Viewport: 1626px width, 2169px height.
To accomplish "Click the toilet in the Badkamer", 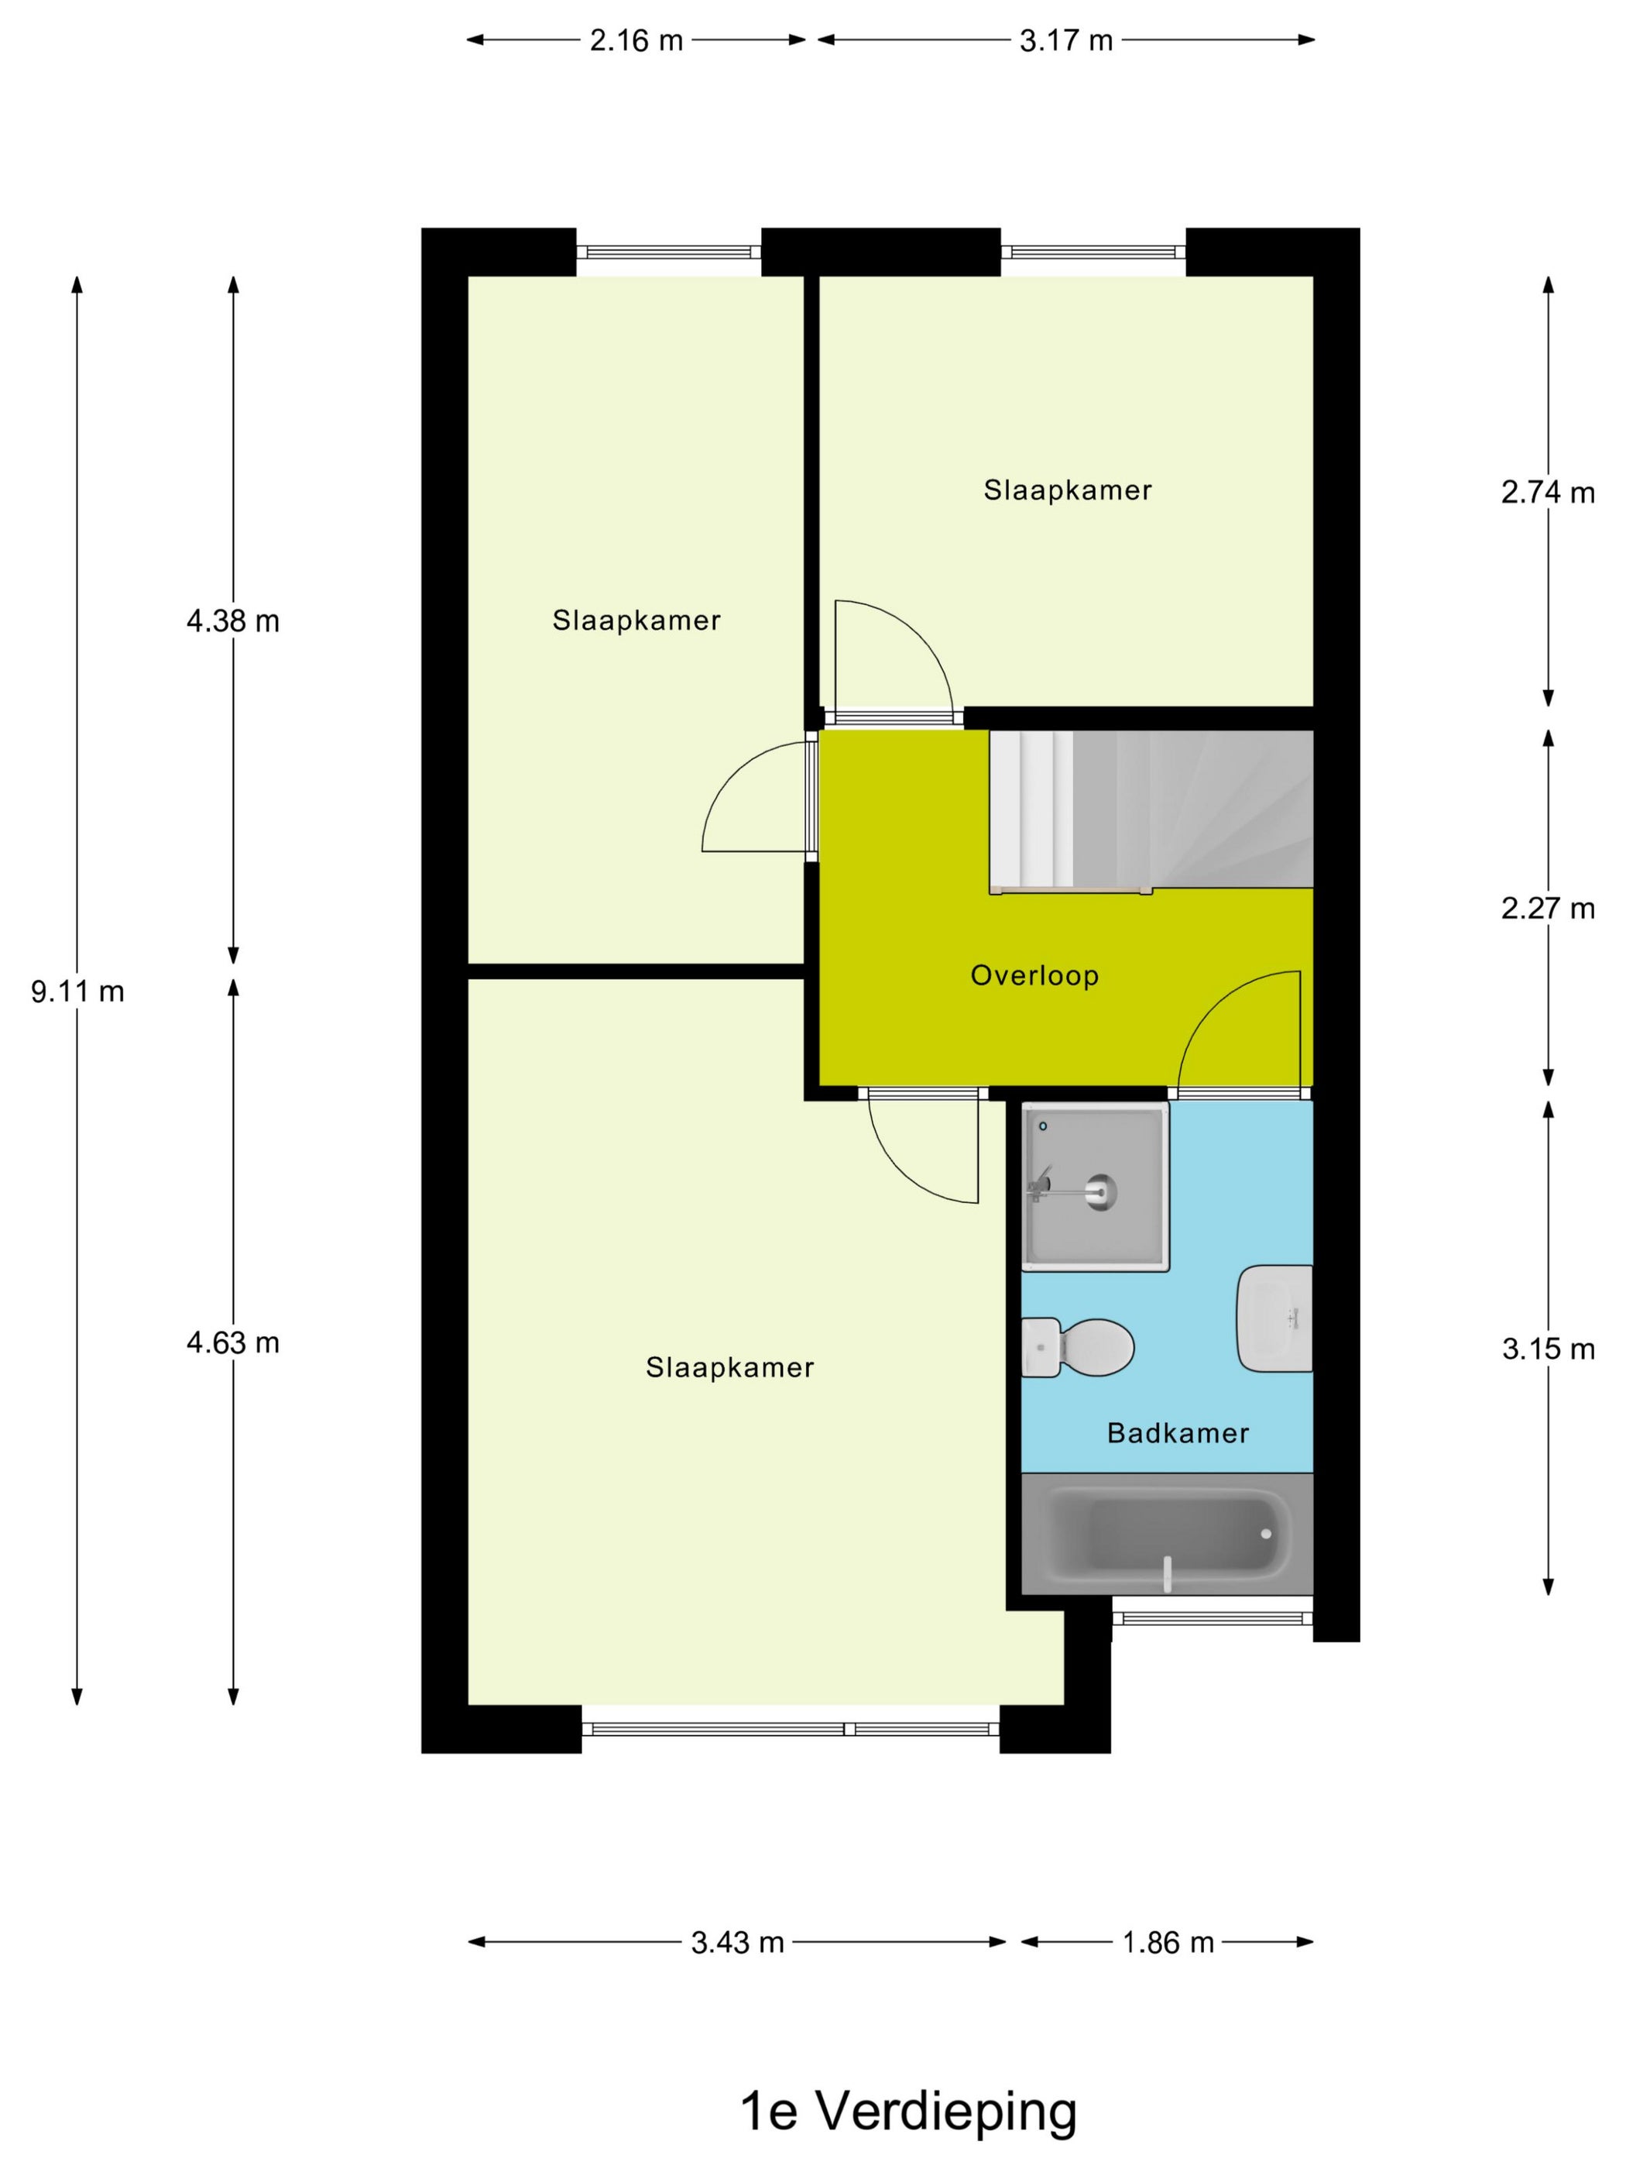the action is (1077, 1347).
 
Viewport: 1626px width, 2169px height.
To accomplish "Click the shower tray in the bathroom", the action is (1095, 1187).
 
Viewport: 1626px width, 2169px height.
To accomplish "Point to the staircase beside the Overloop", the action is (1151, 810).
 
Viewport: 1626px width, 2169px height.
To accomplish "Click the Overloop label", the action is (1034, 975).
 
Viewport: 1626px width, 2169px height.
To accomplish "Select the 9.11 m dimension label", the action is (77, 992).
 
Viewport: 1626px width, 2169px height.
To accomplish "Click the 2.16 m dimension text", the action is (636, 40).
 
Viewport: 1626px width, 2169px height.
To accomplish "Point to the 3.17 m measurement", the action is (1066, 40).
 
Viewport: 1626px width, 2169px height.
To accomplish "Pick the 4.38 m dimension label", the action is (233, 620).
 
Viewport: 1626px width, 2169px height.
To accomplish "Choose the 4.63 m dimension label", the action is (233, 1342).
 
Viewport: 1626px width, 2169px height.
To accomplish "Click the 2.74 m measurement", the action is (1548, 492).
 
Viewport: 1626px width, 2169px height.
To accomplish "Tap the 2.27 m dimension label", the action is (1548, 908).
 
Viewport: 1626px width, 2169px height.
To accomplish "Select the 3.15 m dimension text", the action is (1549, 1349).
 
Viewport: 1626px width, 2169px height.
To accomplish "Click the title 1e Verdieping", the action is (908, 2110).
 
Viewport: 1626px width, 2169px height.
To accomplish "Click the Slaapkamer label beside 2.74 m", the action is (1067, 490).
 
